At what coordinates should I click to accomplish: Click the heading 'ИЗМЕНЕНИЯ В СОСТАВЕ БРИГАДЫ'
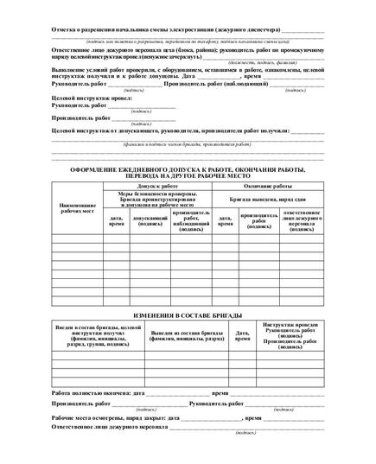pyautogui.click(x=188, y=318)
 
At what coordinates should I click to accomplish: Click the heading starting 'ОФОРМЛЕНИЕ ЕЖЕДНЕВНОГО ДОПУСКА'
pyautogui.click(x=188, y=172)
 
